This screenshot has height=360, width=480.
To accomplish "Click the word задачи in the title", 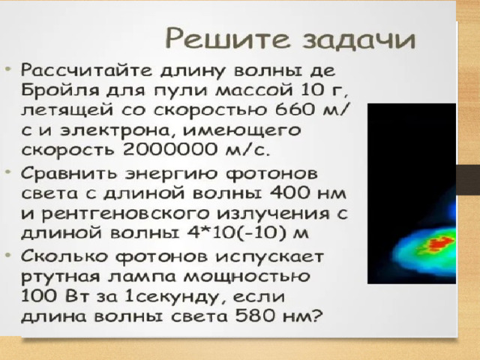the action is click(x=359, y=38).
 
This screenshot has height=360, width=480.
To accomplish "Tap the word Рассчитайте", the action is click(x=86, y=70).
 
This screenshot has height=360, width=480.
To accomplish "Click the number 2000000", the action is click(x=170, y=149).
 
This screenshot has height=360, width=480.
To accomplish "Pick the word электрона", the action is click(x=119, y=130).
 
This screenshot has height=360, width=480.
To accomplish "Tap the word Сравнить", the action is click(x=69, y=173).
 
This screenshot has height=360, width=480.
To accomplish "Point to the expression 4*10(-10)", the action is click(x=238, y=233).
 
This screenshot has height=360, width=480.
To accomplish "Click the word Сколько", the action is click(x=64, y=256).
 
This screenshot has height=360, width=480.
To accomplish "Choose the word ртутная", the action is click(x=61, y=277).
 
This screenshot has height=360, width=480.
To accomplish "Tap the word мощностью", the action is click(x=247, y=277).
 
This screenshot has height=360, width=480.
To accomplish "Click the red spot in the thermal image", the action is click(x=439, y=244).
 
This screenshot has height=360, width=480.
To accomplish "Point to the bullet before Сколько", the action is click(x=8, y=255).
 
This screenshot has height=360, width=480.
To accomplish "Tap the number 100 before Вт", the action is click(x=38, y=296).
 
